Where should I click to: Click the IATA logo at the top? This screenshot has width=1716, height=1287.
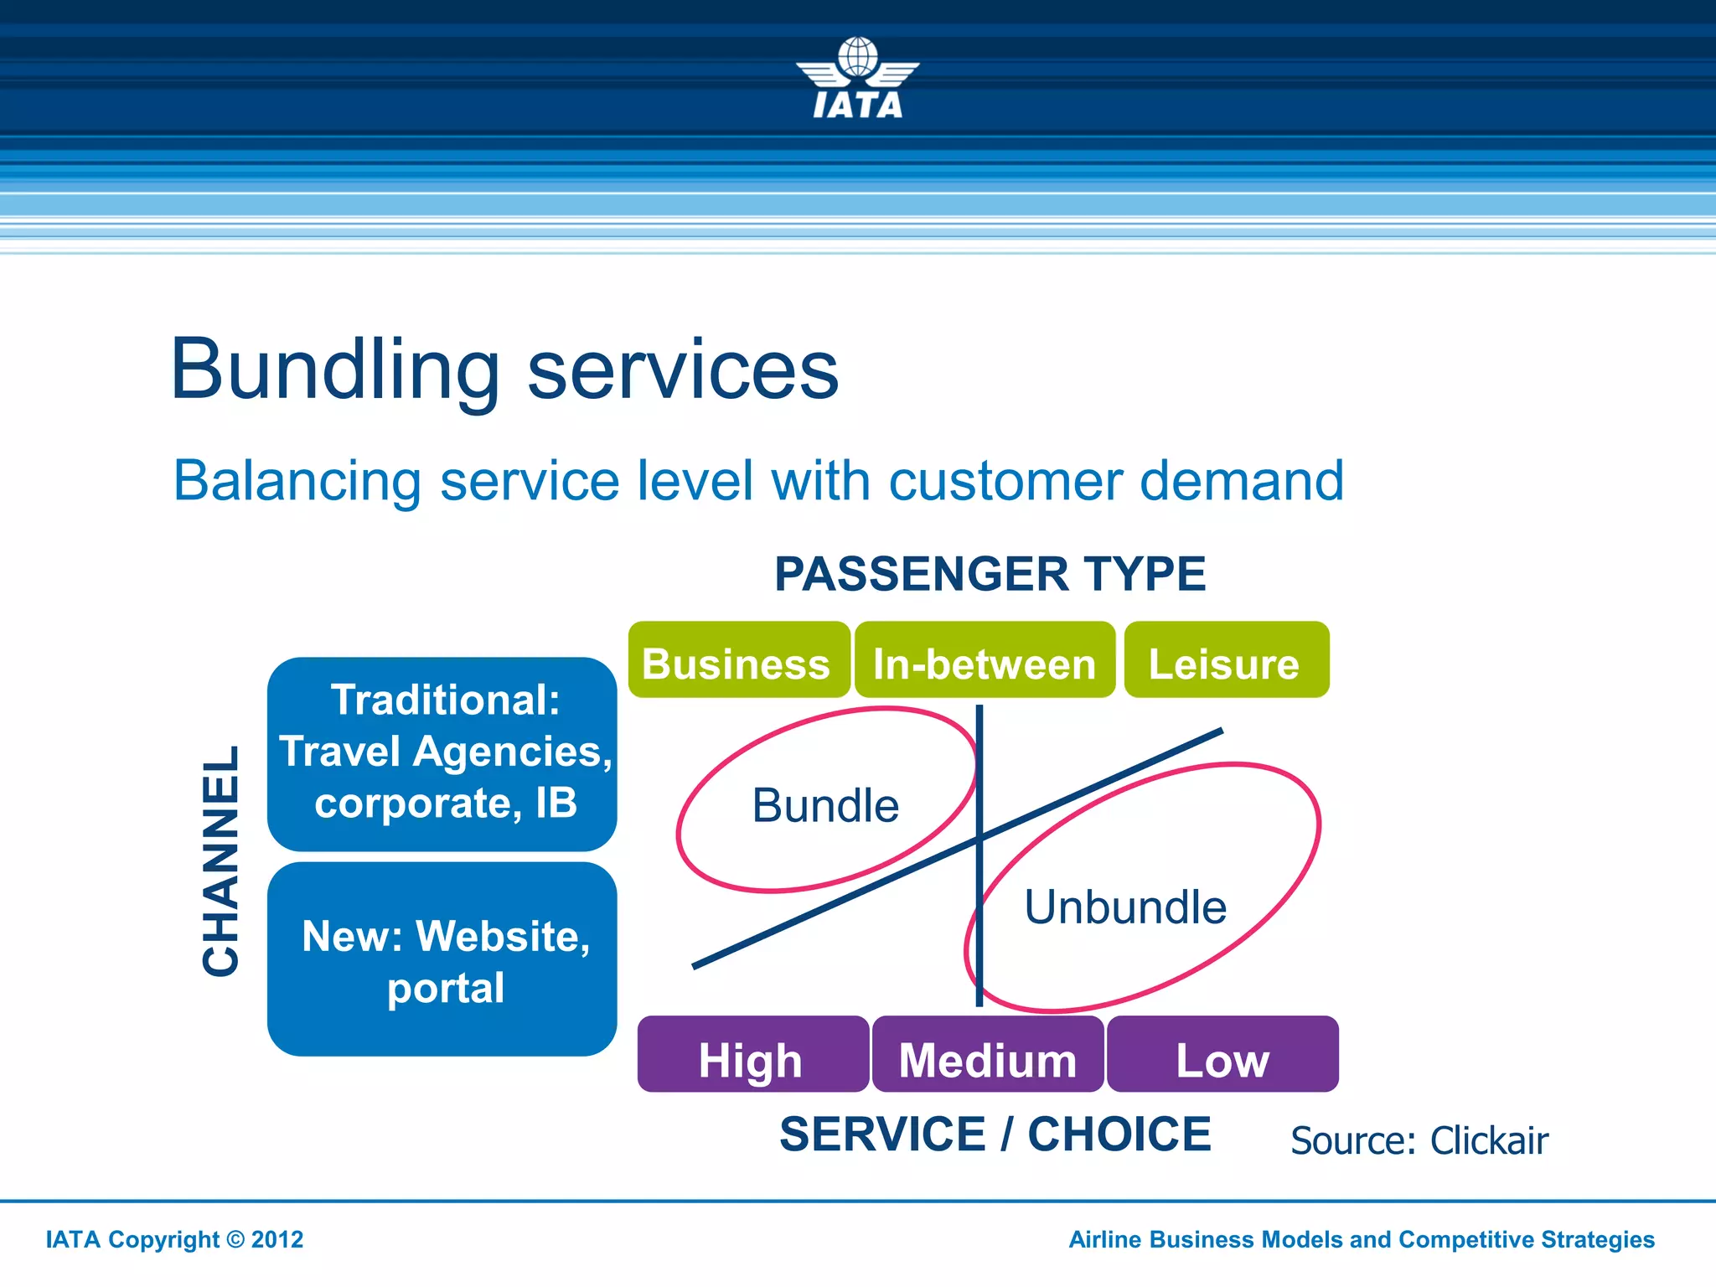click(x=857, y=80)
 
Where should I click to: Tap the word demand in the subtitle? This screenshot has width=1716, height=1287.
click(x=1241, y=481)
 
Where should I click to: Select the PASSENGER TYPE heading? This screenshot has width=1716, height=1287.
click(x=990, y=575)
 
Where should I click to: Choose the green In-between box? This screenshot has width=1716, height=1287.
click(x=985, y=661)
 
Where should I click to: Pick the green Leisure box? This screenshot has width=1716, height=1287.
click(x=1225, y=661)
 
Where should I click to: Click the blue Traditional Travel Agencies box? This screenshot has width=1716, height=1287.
click(x=442, y=754)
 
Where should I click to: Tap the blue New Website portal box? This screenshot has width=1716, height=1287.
click(x=442, y=959)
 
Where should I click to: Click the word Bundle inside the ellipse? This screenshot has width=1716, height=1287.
click(x=825, y=806)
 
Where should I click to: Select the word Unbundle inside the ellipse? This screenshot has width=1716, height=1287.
click(x=1125, y=907)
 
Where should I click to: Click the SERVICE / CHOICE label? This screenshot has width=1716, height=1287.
click(x=995, y=1135)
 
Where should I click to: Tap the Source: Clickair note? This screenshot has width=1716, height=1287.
click(x=1419, y=1141)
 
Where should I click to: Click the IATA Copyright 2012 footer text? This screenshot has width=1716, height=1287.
click(x=174, y=1240)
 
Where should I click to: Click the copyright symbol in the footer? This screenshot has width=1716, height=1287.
click(x=235, y=1240)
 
